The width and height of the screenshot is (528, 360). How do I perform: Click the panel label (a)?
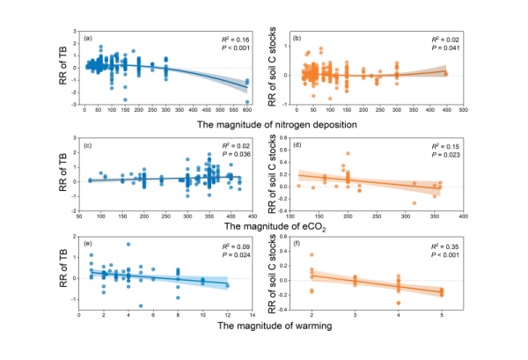click(88, 40)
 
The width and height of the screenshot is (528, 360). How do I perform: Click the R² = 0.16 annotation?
click(236, 40)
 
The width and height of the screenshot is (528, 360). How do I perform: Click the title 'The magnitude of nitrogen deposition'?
click(265, 123)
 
